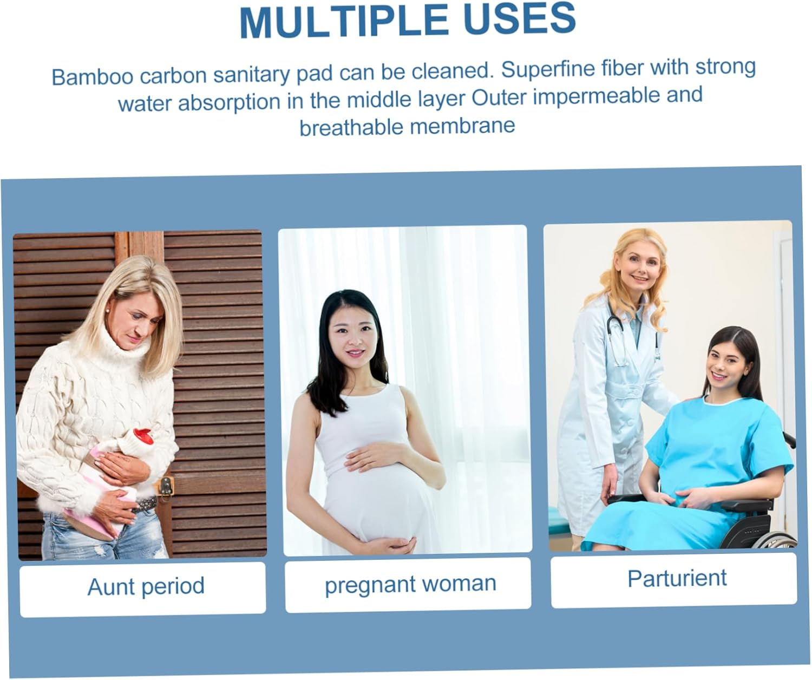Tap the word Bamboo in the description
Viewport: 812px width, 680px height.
tap(92, 76)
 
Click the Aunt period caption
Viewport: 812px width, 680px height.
tap(146, 586)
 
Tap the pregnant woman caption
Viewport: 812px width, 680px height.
tap(410, 584)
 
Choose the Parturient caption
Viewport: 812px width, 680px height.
tap(676, 578)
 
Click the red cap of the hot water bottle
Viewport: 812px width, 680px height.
tap(142, 434)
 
